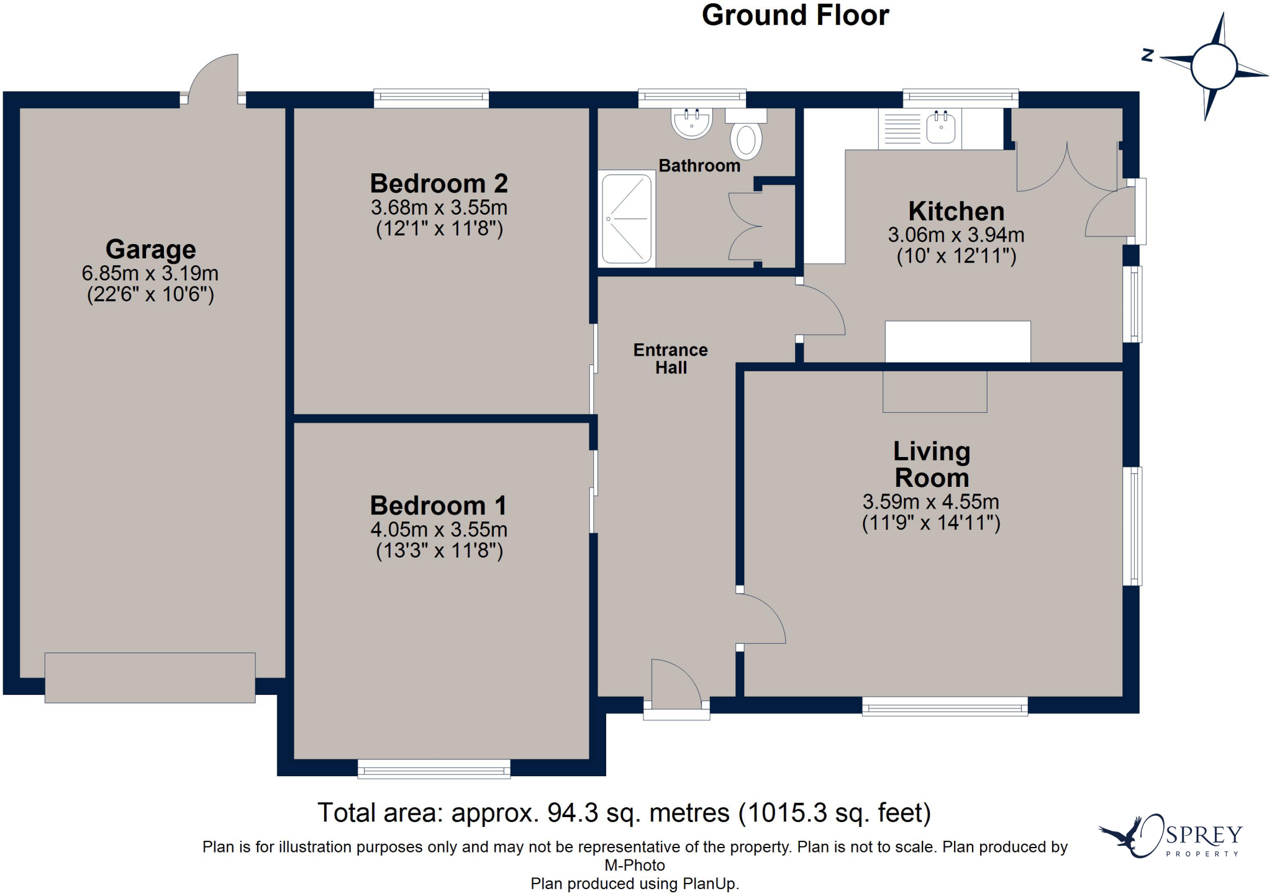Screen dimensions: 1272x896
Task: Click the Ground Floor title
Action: tap(795, 16)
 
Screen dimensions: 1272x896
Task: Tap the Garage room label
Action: tap(151, 250)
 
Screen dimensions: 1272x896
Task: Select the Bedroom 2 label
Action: tap(439, 184)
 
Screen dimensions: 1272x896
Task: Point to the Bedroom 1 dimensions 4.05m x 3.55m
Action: tap(439, 530)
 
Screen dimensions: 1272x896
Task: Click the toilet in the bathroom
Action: tap(746, 134)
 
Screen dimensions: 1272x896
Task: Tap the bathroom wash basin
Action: tap(691, 123)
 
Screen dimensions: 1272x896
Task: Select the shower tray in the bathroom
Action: tap(627, 219)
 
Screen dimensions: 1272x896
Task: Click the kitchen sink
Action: tap(941, 127)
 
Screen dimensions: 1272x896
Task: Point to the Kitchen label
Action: tap(956, 212)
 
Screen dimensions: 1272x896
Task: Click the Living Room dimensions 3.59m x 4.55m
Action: tap(931, 502)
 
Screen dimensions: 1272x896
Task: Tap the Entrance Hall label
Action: tap(671, 359)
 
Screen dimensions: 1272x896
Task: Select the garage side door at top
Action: tap(213, 79)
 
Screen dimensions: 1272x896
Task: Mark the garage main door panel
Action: tap(150, 677)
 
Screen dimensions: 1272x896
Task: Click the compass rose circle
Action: tap(1214, 66)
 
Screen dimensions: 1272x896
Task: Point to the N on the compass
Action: tap(1148, 56)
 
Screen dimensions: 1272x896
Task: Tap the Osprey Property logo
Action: tap(1170, 836)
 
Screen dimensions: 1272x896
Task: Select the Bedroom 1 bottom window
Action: tap(434, 769)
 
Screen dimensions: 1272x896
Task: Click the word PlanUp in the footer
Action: tap(709, 884)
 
